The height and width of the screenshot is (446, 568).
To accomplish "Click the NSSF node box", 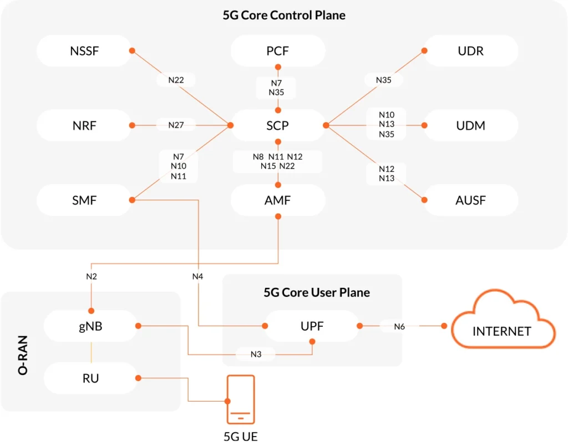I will (84, 51).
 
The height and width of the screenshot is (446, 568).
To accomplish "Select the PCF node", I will (278, 51).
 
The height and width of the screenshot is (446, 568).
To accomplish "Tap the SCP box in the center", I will (278, 125).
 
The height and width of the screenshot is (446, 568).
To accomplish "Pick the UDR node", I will (471, 51).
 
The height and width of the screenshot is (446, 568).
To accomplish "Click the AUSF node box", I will (471, 200).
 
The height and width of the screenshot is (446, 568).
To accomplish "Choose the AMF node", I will (278, 200).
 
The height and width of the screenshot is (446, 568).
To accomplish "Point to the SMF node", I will (84, 200).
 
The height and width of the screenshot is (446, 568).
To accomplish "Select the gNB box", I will (90, 326).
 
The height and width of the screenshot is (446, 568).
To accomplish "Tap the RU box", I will (90, 378).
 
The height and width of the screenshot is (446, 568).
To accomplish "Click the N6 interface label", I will (399, 327).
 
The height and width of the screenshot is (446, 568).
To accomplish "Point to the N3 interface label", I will (256, 354).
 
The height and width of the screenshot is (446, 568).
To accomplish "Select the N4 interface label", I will (198, 276).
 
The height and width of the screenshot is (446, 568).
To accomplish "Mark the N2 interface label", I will (92, 276).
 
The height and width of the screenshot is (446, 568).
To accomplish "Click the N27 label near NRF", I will (176, 125).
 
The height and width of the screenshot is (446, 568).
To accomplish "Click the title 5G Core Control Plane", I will (284, 16).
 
